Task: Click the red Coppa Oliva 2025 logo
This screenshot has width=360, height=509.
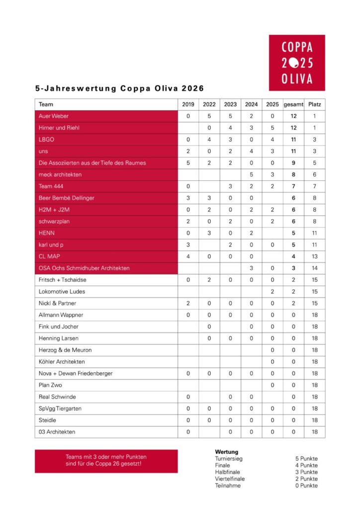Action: click(x=297, y=63)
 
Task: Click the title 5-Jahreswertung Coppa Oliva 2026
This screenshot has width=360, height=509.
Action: click(x=119, y=89)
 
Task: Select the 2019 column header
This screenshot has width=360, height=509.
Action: click(x=188, y=104)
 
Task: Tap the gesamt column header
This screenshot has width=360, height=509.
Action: click(x=293, y=104)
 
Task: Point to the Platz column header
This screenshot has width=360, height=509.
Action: click(x=314, y=104)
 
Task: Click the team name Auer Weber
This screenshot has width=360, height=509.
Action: click(x=54, y=116)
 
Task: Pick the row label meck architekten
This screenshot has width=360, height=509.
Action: click(x=60, y=174)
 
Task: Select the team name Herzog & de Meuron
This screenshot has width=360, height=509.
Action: click(x=65, y=350)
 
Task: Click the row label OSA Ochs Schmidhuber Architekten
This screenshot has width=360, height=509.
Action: click(x=84, y=268)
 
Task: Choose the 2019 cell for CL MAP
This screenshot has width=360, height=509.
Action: click(x=188, y=256)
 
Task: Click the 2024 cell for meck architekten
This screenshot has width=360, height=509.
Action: click(x=251, y=174)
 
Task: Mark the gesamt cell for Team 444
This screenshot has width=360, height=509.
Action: click(x=293, y=186)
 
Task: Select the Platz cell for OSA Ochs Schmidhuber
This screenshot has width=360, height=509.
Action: click(x=314, y=268)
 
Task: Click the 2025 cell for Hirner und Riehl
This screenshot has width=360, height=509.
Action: click(x=272, y=128)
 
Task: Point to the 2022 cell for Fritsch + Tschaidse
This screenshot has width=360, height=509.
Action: click(x=209, y=280)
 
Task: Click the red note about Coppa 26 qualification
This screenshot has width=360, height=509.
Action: click(x=106, y=461)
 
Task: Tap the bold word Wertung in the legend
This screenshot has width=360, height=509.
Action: click(x=226, y=452)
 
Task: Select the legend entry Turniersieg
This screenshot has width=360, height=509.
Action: click(x=229, y=458)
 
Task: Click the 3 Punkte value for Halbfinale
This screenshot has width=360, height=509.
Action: click(x=306, y=472)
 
